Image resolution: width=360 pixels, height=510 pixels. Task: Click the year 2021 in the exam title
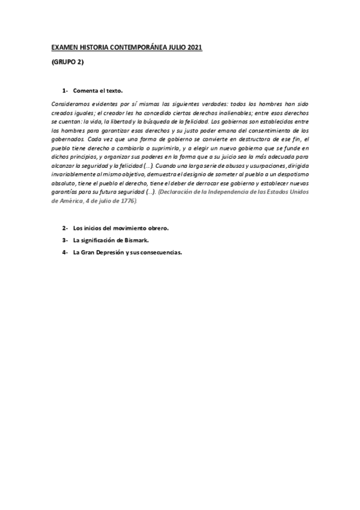click(195, 46)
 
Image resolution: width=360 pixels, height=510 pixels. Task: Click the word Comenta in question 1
click(88, 91)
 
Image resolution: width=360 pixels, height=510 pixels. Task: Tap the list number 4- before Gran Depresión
click(64, 253)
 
